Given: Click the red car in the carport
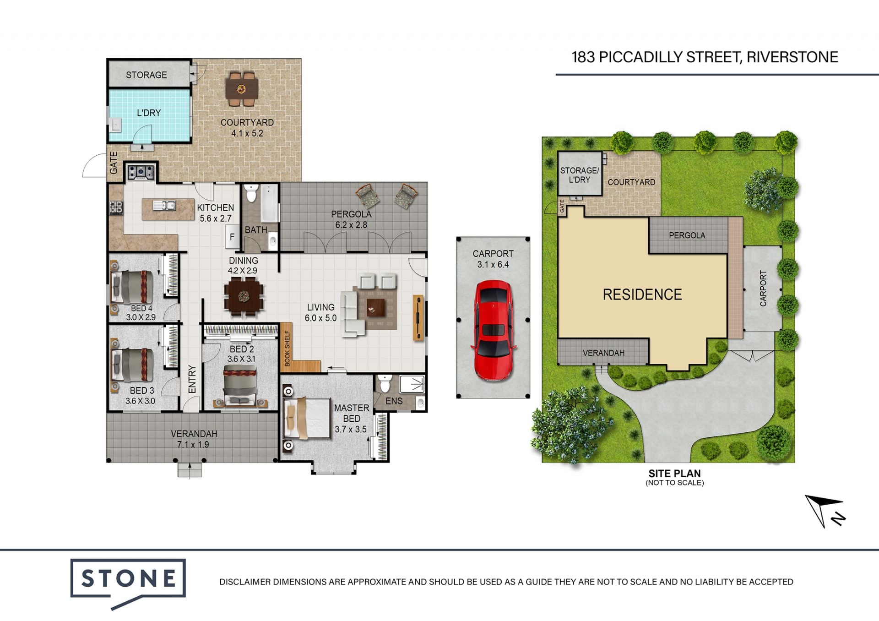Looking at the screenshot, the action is [494, 330].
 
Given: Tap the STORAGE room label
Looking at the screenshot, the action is [146, 75].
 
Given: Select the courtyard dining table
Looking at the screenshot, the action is [242, 89].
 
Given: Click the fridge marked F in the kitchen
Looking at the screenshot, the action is [232, 237].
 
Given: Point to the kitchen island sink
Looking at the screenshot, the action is [164, 206].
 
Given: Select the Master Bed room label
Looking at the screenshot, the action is [351, 413].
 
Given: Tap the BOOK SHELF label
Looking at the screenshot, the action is [287, 349].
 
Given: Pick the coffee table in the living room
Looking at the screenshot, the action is [375, 307].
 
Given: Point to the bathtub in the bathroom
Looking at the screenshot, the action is [269, 203].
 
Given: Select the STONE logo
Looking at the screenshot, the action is [128, 582].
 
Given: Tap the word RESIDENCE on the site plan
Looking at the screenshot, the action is [642, 294].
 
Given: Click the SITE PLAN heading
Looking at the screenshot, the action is [674, 474].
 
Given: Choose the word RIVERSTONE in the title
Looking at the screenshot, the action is [792, 57].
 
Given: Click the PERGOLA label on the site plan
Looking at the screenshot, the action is [687, 235].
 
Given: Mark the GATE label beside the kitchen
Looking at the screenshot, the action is [114, 163].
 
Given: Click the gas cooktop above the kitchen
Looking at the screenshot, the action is [141, 172].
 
